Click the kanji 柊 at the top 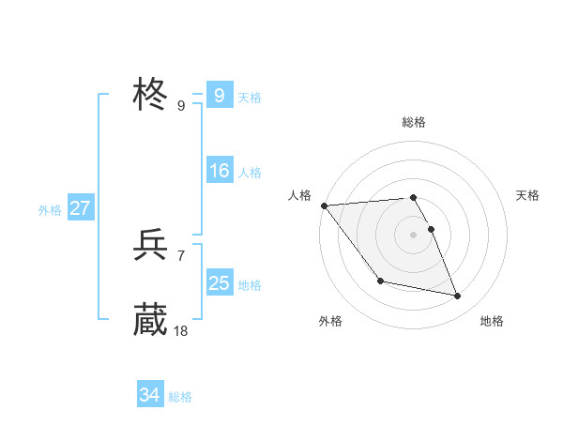(150, 95)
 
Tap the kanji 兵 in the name (150, 245)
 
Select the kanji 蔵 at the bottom (150, 320)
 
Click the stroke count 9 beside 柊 (181, 105)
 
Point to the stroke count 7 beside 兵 (181, 255)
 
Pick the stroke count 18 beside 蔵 (181, 330)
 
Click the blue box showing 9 (219, 96)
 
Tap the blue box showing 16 (219, 171)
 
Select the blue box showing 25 (219, 283)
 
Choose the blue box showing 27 (80, 208)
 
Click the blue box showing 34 (149, 396)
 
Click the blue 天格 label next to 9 (250, 98)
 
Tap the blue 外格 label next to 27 (50, 210)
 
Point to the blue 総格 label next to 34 (180, 398)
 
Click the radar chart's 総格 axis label (413, 122)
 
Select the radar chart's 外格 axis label (330, 321)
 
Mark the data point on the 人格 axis (324, 205)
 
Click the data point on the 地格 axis (458, 297)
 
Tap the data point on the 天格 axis (431, 229)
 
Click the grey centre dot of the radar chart (413, 235)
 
